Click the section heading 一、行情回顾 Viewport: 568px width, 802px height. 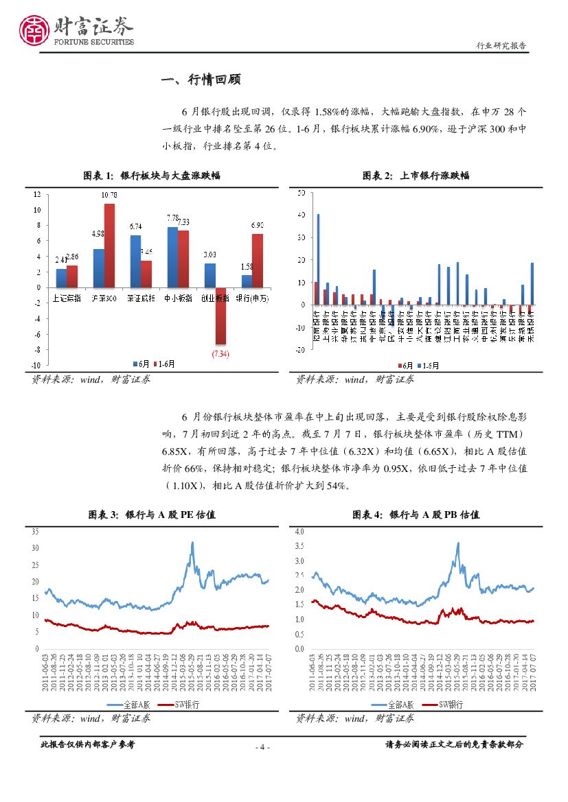(201, 80)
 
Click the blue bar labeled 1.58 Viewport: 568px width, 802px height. (247, 281)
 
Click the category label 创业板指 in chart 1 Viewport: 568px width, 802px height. (214, 299)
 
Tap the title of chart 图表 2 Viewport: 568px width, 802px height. (416, 176)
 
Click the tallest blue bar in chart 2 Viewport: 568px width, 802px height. (318, 259)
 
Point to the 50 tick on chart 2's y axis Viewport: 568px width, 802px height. (301, 193)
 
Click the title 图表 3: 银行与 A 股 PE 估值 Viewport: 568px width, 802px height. (151, 515)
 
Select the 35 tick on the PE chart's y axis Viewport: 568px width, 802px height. (35, 532)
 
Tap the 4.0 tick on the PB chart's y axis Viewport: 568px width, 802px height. (299, 532)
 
